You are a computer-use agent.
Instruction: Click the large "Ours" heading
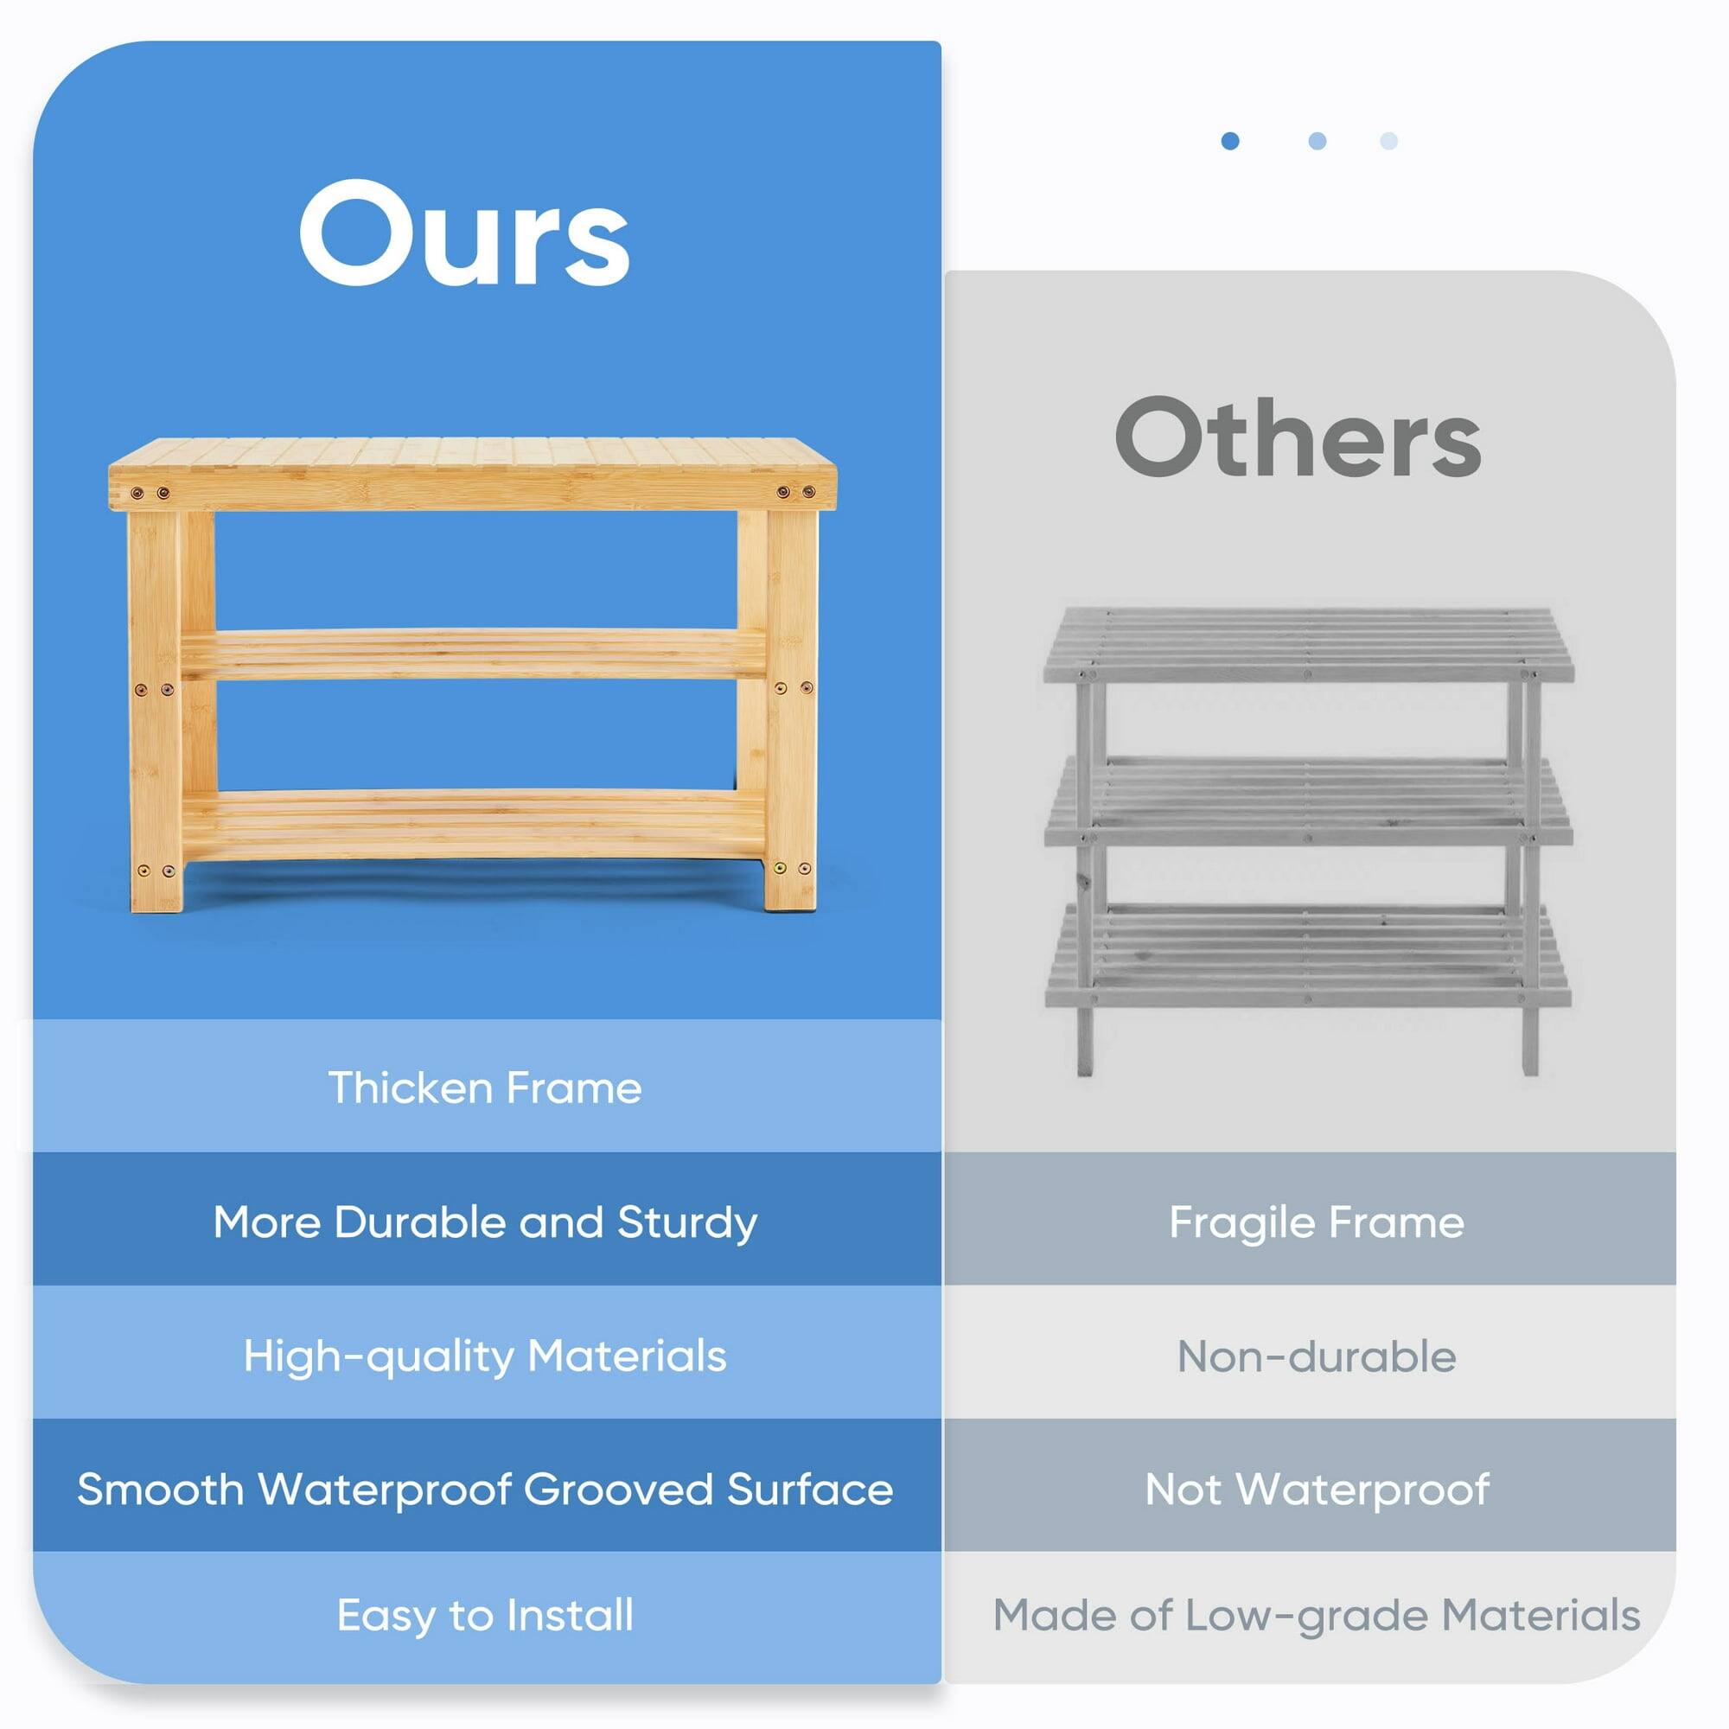click(463, 234)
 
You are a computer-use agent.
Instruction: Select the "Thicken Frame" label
click(485, 1088)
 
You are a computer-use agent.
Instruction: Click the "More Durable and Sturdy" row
click(485, 1222)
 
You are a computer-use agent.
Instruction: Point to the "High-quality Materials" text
click(485, 1356)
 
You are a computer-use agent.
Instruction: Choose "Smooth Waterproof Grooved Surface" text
click(485, 1490)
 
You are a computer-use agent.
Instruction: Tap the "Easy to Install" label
click(485, 1616)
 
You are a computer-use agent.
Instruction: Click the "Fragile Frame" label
click(1317, 1222)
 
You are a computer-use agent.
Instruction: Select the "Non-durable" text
click(1317, 1356)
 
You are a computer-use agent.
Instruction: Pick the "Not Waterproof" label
click(1317, 1490)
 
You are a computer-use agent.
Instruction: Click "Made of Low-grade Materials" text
click(1317, 1616)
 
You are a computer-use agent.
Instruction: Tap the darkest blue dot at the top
click(1229, 142)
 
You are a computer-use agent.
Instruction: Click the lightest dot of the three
click(1388, 142)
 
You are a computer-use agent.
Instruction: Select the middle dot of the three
click(1317, 142)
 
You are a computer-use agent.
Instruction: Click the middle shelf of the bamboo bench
click(475, 654)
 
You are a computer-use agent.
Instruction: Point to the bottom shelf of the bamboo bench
click(475, 821)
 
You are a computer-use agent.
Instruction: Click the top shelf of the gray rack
click(1308, 642)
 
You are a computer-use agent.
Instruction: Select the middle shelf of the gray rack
click(1308, 801)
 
